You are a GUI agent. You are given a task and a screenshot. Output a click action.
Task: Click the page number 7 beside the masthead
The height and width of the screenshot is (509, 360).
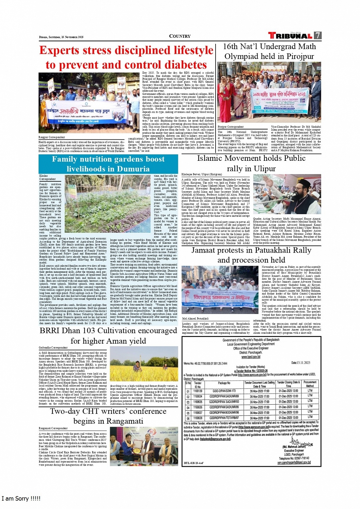point(317,35)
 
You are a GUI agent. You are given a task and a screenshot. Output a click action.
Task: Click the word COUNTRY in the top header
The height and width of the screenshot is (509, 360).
point(180,36)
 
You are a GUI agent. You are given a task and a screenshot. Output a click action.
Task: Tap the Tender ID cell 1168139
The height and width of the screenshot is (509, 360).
point(198,380)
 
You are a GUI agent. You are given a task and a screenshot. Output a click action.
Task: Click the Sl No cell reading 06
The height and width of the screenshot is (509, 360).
point(187,418)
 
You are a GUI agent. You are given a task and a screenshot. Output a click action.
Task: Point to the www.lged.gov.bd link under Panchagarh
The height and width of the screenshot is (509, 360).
point(251,357)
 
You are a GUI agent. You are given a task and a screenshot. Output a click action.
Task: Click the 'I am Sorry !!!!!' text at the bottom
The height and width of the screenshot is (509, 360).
point(21,498)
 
